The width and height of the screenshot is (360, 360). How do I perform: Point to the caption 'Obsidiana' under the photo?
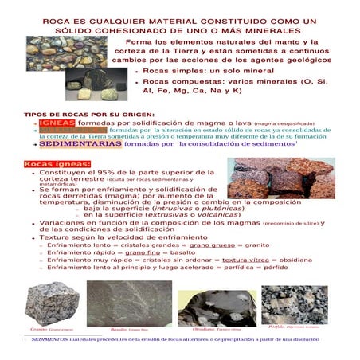(203, 328)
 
